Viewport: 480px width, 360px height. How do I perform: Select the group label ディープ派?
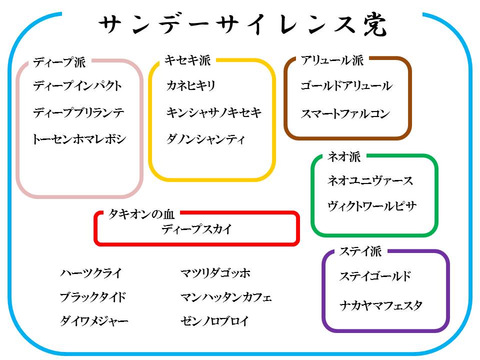click(59, 62)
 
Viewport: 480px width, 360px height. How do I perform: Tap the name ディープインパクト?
click(77, 86)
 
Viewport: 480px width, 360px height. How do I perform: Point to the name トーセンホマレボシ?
click(79, 139)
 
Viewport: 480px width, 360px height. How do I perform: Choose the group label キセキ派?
click(187, 60)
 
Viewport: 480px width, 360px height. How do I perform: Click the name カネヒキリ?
click(191, 86)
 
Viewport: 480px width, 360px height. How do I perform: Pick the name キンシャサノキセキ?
click(214, 113)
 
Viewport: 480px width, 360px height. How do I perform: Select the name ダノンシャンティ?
click(206, 139)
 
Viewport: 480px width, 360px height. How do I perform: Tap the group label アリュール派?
click(332, 60)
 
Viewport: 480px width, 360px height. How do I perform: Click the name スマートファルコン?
click(345, 114)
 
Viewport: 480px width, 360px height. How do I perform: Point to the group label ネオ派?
click(344, 157)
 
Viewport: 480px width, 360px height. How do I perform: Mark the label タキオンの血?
click(141, 214)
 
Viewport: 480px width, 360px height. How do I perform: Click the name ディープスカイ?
click(197, 229)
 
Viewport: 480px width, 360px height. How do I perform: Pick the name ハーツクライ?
click(90, 273)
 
